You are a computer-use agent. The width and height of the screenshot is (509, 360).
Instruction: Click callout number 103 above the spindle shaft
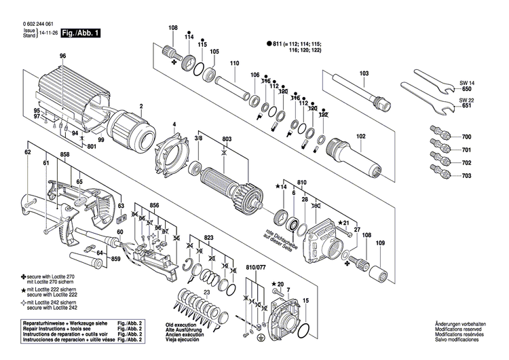(x=364, y=73)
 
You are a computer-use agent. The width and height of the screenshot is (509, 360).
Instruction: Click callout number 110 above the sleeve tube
(x=235, y=64)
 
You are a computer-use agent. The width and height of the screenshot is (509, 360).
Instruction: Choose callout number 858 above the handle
(x=64, y=155)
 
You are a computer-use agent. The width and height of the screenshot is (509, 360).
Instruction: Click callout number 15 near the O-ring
(x=305, y=300)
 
